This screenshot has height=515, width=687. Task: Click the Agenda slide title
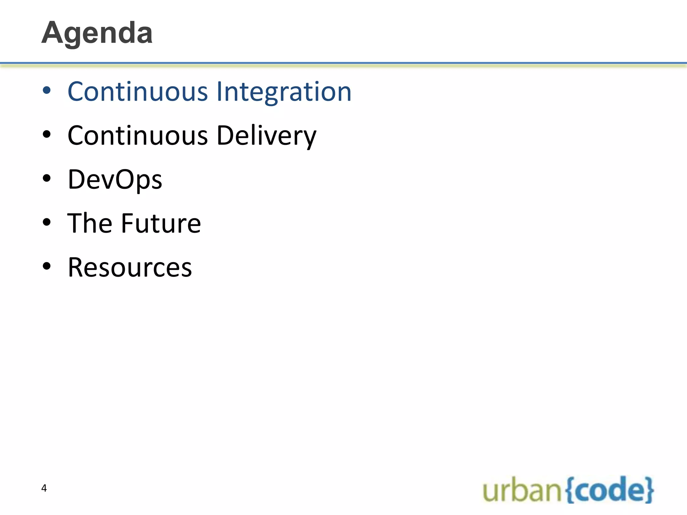pos(97,33)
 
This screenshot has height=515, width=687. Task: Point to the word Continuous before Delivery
pos(138,136)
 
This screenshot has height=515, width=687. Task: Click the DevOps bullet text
pos(115,180)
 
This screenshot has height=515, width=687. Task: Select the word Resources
pos(129,268)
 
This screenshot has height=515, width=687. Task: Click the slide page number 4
pos(44,488)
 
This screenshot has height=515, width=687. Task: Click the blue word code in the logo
pos(609,490)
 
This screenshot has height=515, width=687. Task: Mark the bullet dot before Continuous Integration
pos(47,91)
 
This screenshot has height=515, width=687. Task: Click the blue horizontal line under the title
pos(343,63)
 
